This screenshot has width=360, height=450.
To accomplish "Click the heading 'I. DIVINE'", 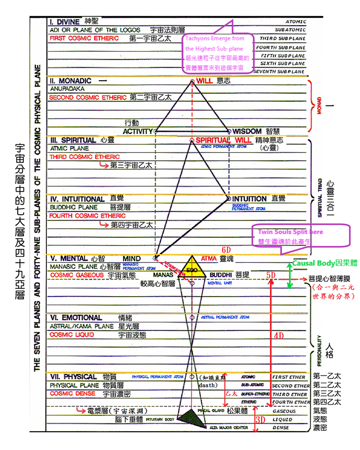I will click(65, 22).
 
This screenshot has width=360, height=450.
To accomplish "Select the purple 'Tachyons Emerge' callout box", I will click(218, 53).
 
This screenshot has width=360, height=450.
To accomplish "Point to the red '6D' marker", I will click(228, 248).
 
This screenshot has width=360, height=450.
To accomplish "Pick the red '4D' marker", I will click(279, 336).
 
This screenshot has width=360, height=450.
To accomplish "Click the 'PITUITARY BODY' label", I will click(160, 420).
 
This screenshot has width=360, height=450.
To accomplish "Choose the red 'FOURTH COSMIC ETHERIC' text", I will click(88, 216).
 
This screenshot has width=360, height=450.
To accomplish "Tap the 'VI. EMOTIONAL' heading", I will click(75, 318).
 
